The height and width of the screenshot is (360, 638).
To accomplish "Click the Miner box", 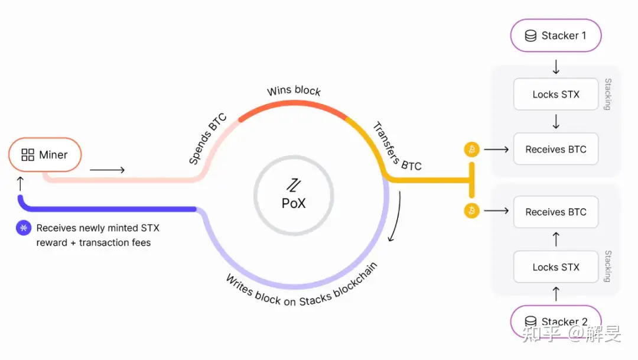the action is click(x=45, y=155).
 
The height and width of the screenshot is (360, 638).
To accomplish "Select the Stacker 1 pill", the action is click(x=556, y=35).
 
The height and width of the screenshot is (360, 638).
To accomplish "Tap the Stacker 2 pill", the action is click(x=556, y=322).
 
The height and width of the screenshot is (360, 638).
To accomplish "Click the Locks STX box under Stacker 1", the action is click(x=556, y=94).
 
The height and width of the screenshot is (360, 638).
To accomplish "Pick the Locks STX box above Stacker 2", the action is click(x=556, y=267).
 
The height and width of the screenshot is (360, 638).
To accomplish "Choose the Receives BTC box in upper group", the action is click(x=556, y=149).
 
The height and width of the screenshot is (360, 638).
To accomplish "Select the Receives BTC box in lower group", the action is click(x=556, y=212).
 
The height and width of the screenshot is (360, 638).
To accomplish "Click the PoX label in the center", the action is click(x=294, y=203).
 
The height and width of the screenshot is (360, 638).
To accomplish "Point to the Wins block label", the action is click(x=294, y=90).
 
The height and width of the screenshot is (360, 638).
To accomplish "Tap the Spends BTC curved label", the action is click(x=207, y=139).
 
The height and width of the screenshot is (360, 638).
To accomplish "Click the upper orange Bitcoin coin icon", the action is click(x=471, y=150).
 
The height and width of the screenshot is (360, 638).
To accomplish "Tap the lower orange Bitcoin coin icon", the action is click(x=471, y=210).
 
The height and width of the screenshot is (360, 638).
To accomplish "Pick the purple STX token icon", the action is click(x=24, y=228).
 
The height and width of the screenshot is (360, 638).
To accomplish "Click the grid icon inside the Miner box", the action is click(x=28, y=155).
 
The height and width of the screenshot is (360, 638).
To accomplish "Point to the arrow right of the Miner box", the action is click(x=107, y=170).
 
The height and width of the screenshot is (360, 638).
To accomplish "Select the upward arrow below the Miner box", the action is click(x=20, y=183).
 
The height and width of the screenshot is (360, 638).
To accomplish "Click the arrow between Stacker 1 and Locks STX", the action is click(x=556, y=67).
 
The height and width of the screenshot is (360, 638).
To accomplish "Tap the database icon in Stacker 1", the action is click(x=530, y=36).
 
